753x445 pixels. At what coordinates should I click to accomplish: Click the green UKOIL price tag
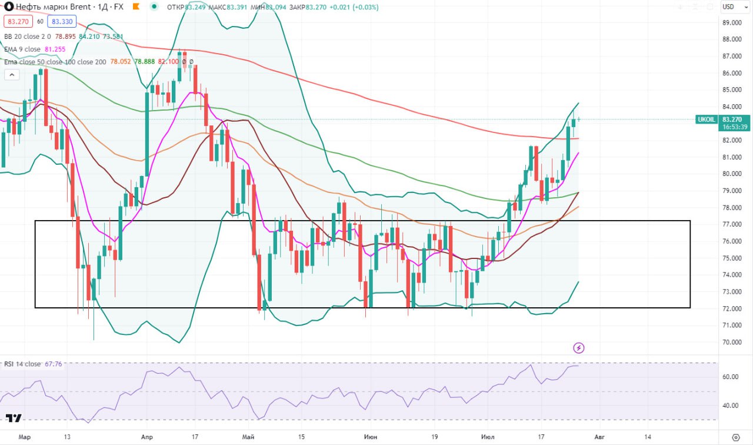705,119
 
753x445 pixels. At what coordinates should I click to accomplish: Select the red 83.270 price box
17,21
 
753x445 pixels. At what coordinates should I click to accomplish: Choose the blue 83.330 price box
62,21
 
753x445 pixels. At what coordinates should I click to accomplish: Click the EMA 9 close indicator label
22,49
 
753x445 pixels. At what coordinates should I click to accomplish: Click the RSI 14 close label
22,364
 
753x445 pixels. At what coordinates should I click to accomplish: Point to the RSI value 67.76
53,364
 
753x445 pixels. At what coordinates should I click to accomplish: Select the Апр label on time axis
147,437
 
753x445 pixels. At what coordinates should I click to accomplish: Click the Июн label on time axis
370,437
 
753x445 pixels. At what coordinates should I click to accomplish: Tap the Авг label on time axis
599,437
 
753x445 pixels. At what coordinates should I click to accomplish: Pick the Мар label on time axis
24,437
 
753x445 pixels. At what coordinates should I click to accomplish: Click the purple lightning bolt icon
579,348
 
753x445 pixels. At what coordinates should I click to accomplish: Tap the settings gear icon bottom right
735,437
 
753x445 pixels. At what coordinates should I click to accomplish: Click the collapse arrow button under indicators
11,75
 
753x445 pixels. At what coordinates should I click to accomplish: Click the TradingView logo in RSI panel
14,418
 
